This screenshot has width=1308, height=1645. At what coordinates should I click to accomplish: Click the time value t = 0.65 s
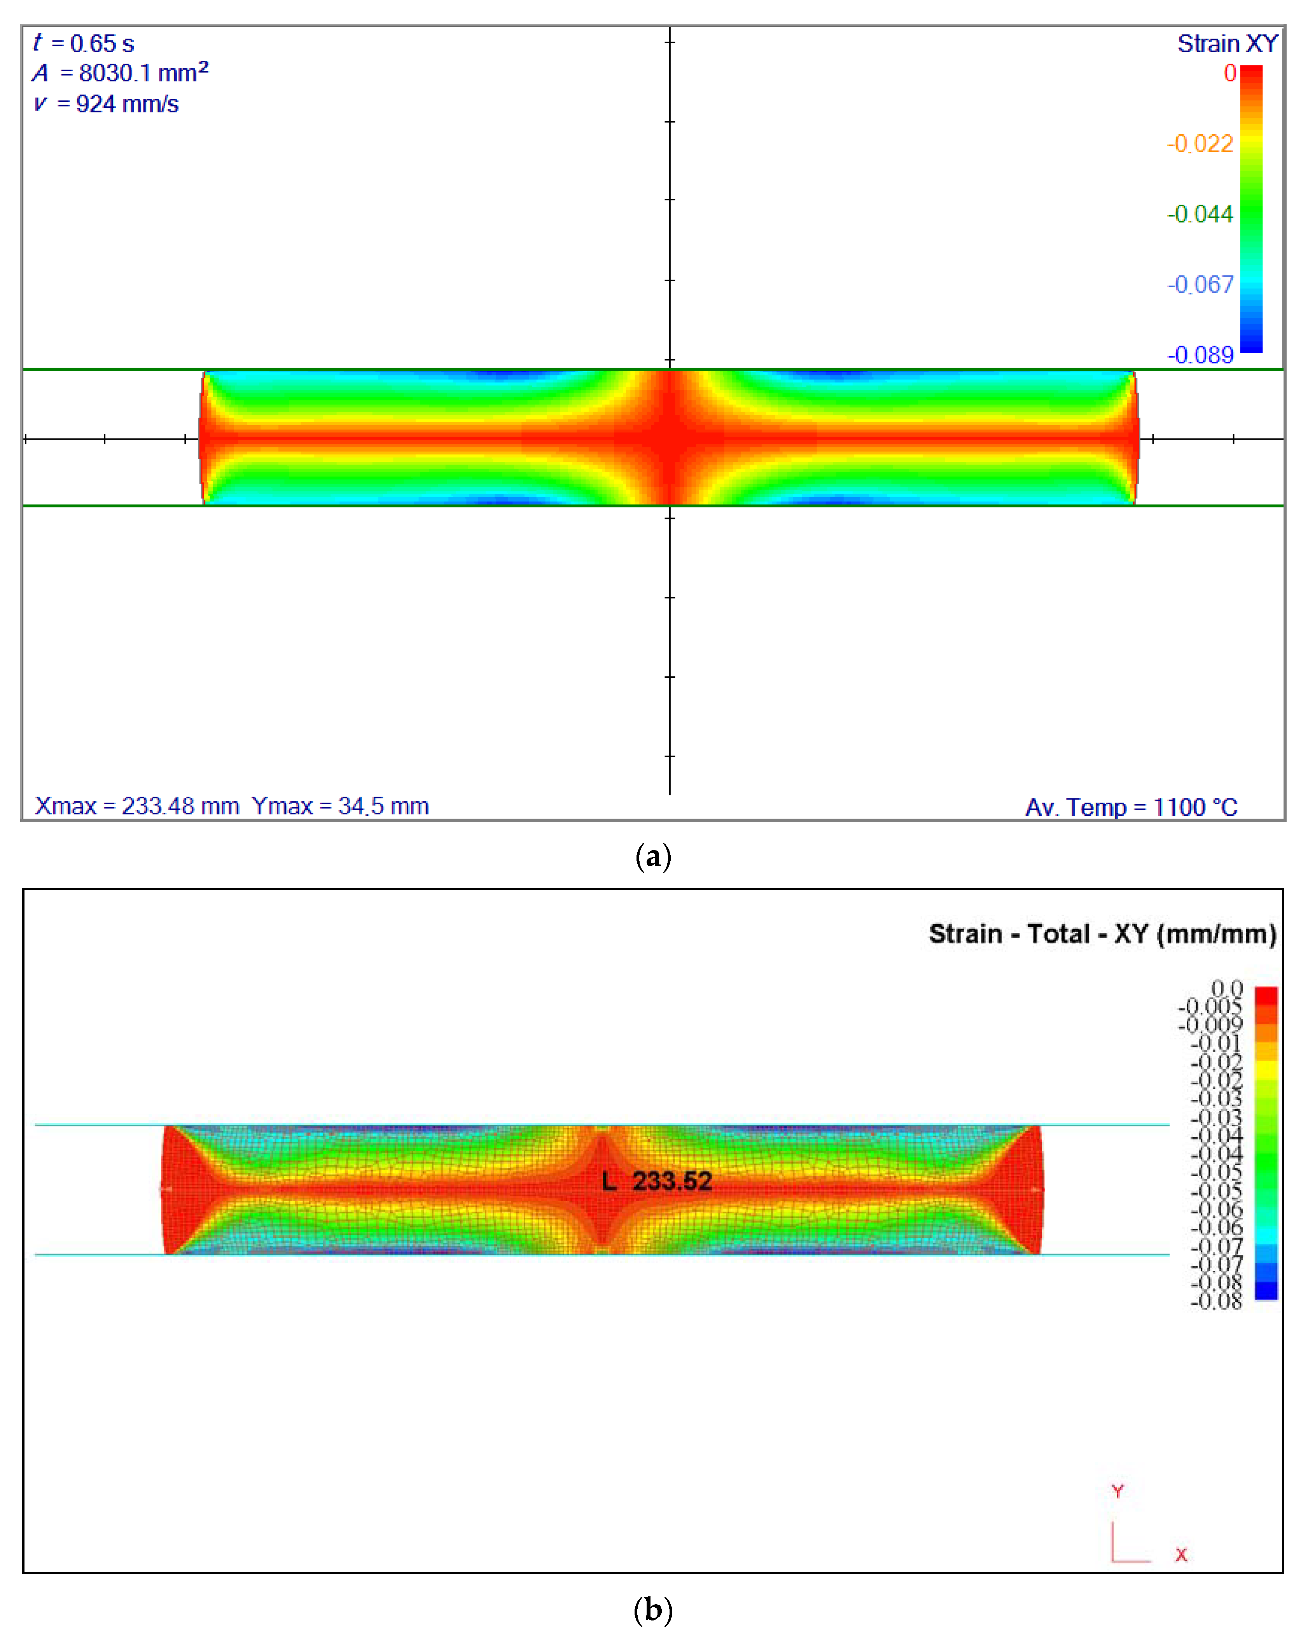(84, 44)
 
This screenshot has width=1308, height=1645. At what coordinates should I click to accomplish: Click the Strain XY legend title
(1227, 44)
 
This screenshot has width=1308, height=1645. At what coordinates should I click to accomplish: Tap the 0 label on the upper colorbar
(1229, 73)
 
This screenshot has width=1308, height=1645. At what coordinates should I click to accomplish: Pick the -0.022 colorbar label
(1200, 144)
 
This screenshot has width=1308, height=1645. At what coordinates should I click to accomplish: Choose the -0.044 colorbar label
(1200, 214)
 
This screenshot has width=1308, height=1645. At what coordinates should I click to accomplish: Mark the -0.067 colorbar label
(1200, 284)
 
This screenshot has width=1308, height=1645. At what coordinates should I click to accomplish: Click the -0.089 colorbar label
(1200, 355)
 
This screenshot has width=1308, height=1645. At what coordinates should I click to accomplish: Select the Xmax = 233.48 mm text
(137, 807)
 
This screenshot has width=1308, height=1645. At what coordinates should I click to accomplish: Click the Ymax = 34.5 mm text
(340, 807)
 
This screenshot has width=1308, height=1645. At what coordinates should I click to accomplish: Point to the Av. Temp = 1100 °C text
(1131, 807)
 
